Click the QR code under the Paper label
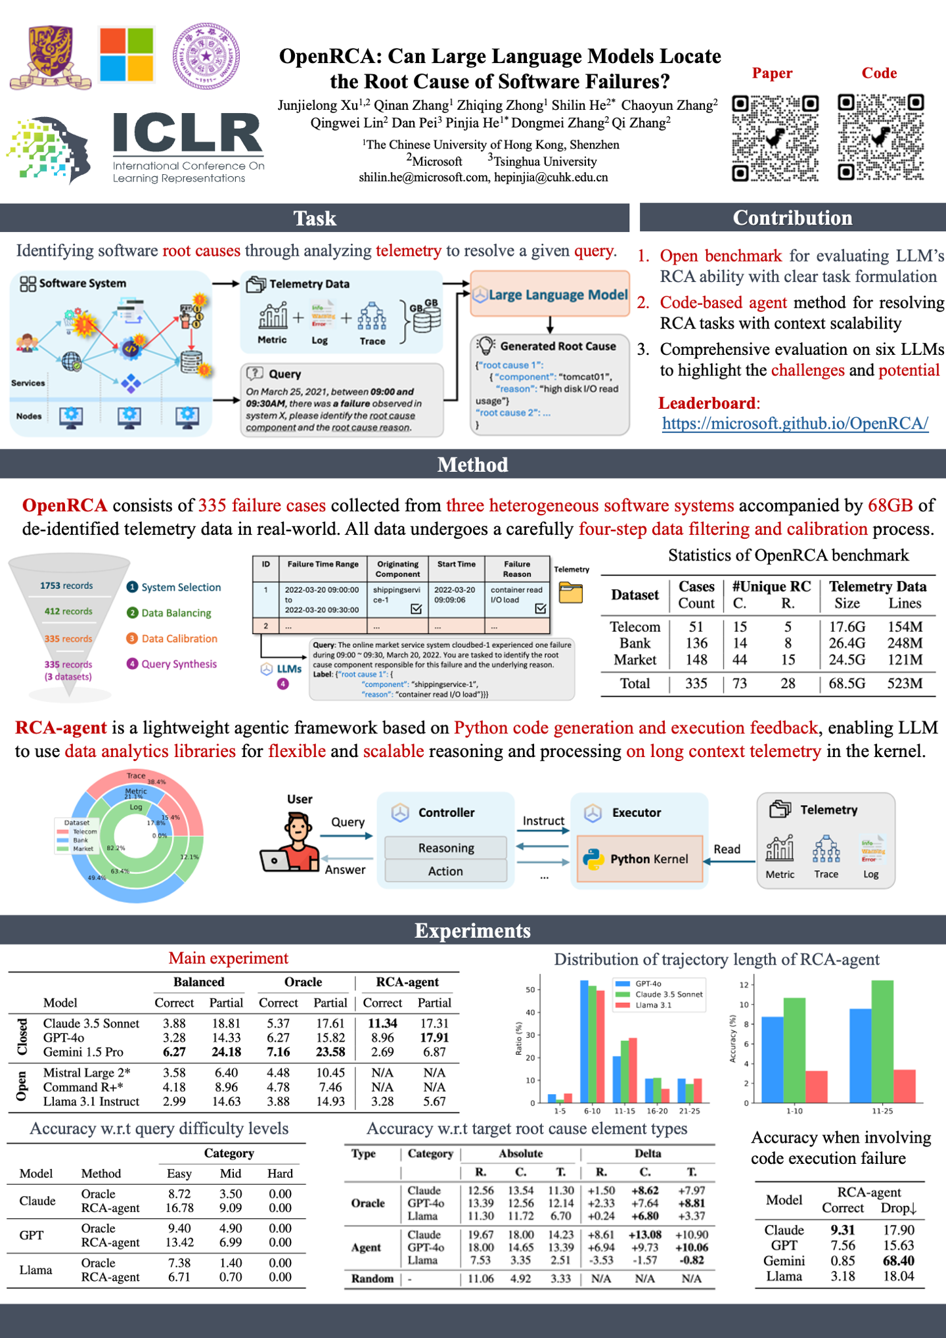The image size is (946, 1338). tap(775, 138)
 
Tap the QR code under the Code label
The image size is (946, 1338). tap(880, 138)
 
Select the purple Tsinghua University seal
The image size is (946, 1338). tap(206, 57)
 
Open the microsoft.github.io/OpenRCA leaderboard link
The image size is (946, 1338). tap(795, 423)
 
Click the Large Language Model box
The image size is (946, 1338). tap(550, 294)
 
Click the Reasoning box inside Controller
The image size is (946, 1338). tap(445, 848)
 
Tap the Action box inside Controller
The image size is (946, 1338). tap(445, 871)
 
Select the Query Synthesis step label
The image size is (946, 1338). tap(179, 664)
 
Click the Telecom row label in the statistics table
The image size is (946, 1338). tap(635, 627)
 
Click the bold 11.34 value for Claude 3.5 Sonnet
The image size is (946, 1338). tap(382, 1023)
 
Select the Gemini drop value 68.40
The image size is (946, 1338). tap(898, 1260)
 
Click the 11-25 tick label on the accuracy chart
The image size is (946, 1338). tap(882, 1111)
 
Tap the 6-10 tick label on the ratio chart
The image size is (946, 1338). tap(592, 1111)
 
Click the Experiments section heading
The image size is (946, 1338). tap(472, 931)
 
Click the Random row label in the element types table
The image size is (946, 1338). tap(372, 1278)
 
